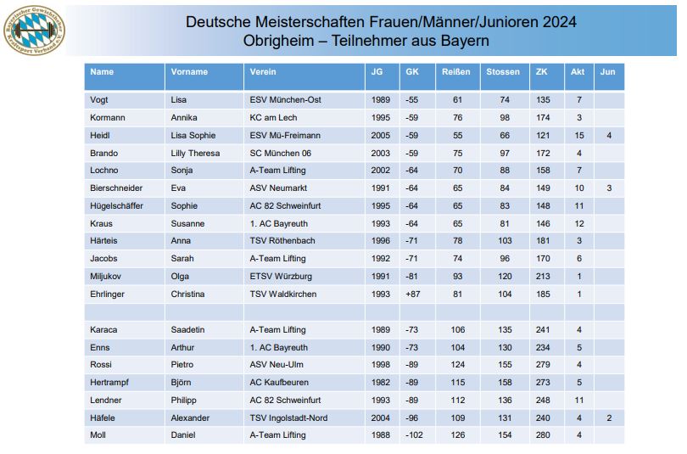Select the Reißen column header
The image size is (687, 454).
(456, 72)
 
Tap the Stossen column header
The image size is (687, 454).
(503, 72)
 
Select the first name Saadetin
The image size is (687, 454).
(190, 329)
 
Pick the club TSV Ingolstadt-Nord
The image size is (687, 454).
(288, 418)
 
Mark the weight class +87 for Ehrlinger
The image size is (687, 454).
(412, 294)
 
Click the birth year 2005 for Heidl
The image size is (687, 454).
(381, 136)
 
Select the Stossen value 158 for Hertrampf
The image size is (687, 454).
(505, 383)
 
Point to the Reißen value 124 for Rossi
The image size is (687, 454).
(457, 365)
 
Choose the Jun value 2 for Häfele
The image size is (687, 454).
(608, 418)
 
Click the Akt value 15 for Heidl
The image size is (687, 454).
(578, 136)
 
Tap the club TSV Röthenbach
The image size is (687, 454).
(282, 241)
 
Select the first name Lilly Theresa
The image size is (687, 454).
(195, 154)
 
